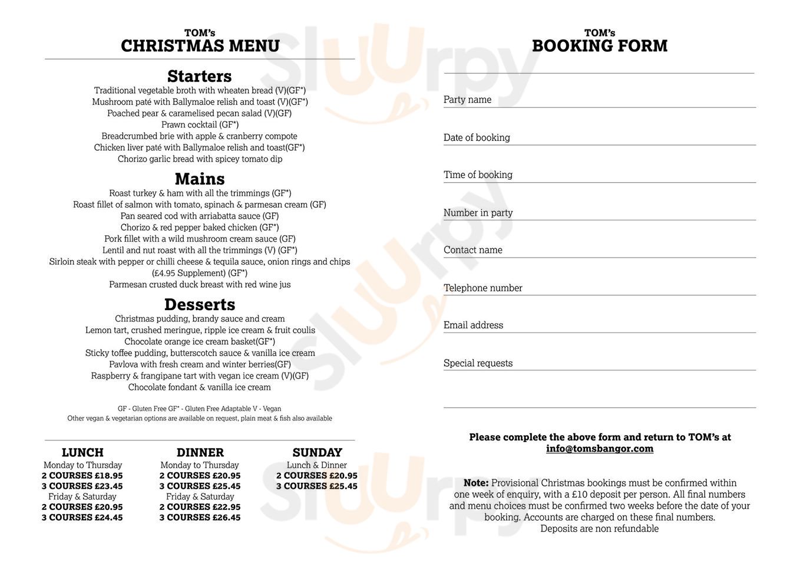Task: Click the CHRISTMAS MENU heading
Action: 200,46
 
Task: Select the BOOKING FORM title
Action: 599,46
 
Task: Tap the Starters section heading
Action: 199,77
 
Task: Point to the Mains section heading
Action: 200,179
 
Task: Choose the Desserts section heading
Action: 200,305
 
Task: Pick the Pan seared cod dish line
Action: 200,216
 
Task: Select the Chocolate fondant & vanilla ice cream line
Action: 200,387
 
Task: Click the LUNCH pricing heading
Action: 82,453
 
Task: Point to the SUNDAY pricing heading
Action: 317,453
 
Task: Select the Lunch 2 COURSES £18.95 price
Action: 82,476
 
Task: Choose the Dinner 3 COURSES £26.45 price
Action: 200,518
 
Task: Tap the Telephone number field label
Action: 483,288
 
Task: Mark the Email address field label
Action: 473,325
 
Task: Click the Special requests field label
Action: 478,363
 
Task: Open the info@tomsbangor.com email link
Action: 599,449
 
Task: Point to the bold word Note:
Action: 476,483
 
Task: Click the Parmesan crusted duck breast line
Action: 200,285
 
